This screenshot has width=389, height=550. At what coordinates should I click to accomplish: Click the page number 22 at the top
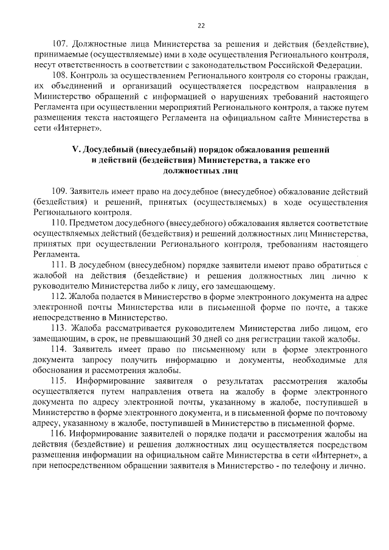click(x=201, y=26)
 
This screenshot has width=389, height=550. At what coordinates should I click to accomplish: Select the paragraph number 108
click(x=60, y=75)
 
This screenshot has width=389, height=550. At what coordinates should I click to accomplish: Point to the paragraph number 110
click(x=60, y=224)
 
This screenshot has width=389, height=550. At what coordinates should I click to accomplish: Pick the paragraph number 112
click(x=60, y=297)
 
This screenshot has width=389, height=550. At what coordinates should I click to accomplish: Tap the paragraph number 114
click(x=60, y=349)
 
